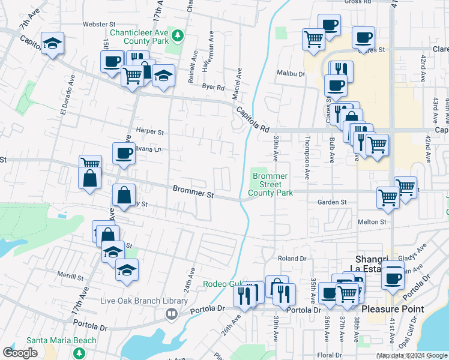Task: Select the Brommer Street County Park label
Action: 270,184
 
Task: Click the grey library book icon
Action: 172,313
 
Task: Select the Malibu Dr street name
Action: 291,74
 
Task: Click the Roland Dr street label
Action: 292,259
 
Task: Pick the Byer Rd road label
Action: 213,87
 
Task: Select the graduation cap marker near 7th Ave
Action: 53,43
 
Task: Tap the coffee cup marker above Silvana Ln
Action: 124,153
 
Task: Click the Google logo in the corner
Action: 20,353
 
